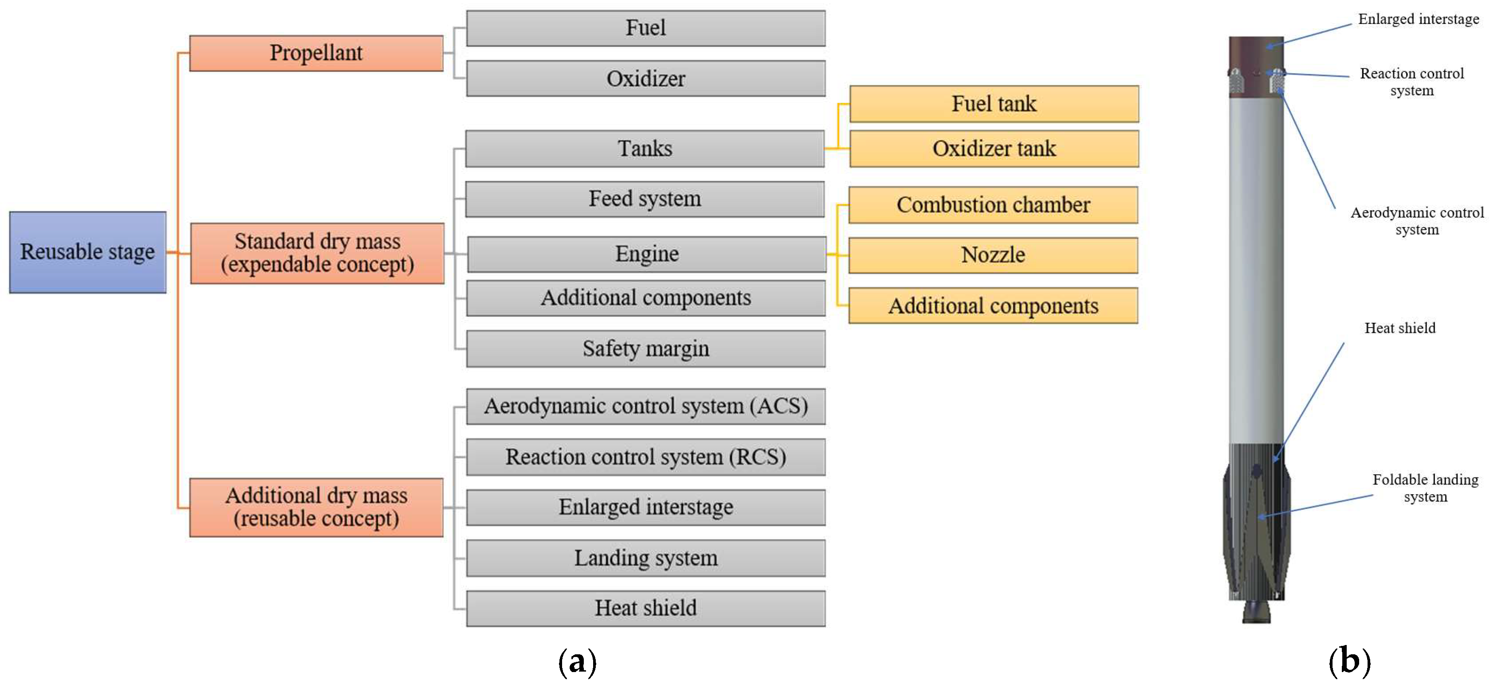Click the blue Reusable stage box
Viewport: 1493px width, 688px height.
pos(87,252)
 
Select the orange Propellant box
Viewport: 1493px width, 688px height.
pos(317,53)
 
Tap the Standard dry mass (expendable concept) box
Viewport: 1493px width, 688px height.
pos(317,253)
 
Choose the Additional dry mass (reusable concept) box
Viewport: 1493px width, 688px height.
pos(317,507)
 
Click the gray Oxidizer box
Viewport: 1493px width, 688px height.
pos(646,78)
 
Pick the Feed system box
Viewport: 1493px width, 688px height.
pos(645,199)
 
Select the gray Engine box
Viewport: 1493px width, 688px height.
pos(647,254)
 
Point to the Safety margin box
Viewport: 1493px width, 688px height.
pos(646,348)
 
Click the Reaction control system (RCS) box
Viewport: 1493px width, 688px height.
pos(646,457)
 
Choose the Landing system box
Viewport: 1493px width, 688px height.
pos(646,558)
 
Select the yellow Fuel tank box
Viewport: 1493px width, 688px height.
pos(994,104)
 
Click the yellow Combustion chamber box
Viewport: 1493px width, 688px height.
pos(993,205)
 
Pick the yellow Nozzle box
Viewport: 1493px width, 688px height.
pos(993,255)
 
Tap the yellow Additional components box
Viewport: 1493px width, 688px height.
pos(993,305)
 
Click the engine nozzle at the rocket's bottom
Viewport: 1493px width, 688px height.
pos(1256,611)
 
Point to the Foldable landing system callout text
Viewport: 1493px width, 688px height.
pos(1425,488)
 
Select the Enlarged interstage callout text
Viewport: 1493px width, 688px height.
pos(1418,19)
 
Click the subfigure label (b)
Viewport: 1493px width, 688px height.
pos(1350,661)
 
